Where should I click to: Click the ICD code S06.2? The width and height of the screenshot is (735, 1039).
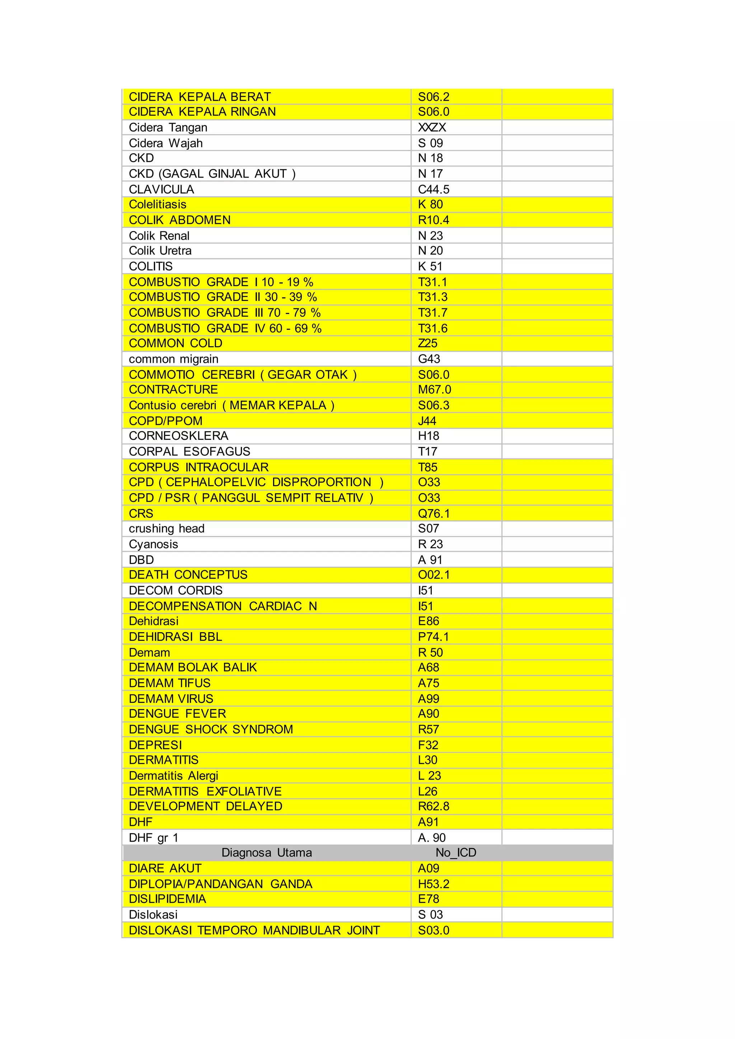[x=433, y=97]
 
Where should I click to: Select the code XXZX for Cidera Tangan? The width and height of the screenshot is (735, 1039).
[x=432, y=128]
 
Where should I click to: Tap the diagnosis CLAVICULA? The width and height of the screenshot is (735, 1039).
[x=161, y=189]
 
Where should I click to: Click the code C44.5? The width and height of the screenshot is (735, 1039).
[x=433, y=189]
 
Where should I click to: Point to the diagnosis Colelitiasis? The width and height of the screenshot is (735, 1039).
[x=158, y=204]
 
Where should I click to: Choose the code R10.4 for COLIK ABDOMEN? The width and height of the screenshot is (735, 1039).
[x=433, y=220]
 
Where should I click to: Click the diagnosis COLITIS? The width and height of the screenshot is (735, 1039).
[x=151, y=266]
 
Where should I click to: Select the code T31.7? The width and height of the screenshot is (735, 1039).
[x=433, y=313]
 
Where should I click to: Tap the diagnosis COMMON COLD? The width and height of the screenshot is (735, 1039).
[x=175, y=343]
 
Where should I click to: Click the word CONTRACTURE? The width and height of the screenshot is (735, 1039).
[x=173, y=390]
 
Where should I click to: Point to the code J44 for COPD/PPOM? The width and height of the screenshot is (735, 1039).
[x=427, y=421]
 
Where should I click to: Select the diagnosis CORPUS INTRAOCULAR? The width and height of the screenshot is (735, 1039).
[x=199, y=467]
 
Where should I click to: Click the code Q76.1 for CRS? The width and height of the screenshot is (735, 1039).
[x=434, y=514]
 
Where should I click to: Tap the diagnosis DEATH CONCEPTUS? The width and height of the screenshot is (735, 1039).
[x=188, y=575]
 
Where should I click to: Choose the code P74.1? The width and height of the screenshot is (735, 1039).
[x=433, y=637]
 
